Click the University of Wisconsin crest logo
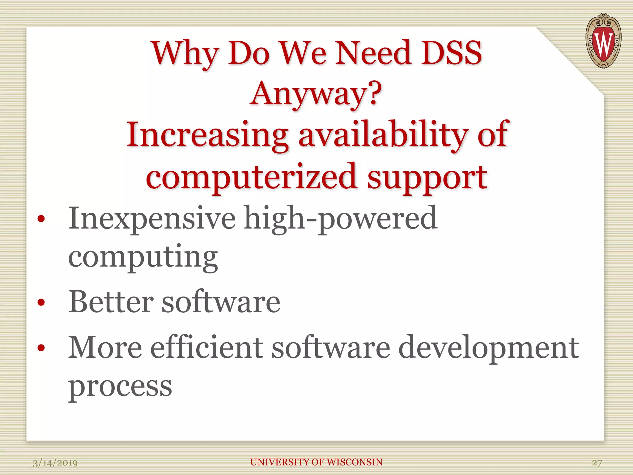(603, 41)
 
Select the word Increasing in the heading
(207, 135)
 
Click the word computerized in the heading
(252, 177)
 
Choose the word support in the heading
(427, 178)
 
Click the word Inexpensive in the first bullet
(152, 219)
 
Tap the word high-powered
(340, 219)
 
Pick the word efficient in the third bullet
(206, 348)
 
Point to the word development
(489, 348)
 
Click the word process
(120, 387)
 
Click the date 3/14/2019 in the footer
(55, 463)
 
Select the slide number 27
(597, 463)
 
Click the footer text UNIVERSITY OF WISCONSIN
(316, 462)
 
